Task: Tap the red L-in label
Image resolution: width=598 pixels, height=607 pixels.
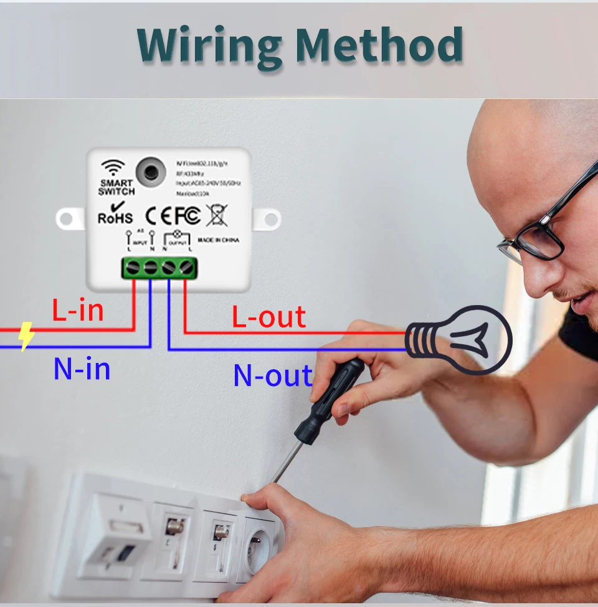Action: point(78,311)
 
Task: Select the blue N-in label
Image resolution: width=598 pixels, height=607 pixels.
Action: point(82,369)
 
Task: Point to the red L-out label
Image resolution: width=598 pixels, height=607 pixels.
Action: point(268,317)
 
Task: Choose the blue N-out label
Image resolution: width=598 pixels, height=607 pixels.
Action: point(272,375)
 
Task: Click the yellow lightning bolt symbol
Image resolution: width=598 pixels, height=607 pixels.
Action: point(26,336)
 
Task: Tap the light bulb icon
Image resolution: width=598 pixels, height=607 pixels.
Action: point(459,340)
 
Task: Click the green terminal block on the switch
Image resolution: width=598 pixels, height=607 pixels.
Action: point(159,268)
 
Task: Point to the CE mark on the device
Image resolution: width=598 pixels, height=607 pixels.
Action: point(157,215)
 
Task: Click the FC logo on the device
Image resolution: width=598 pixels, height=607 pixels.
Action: point(187,215)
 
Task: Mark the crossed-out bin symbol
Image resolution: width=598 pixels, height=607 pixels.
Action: point(217,215)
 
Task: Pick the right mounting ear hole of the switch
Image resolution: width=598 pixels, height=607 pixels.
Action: point(269,219)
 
